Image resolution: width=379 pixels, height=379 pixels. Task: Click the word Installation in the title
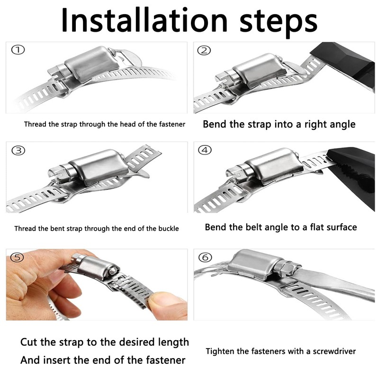pos(144,20)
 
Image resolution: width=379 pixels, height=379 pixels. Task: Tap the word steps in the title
pos(278,23)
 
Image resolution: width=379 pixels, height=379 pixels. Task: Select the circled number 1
pos(18,50)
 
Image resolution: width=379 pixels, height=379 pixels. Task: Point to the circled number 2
pos(204,50)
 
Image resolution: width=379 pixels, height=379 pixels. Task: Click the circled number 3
pos(18,150)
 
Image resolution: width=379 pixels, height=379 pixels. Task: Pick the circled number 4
pos(205,150)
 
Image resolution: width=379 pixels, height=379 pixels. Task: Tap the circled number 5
pos(18,257)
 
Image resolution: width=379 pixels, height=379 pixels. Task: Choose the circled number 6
pos(205,257)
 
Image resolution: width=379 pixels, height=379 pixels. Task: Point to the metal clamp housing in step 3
pos(99,167)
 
